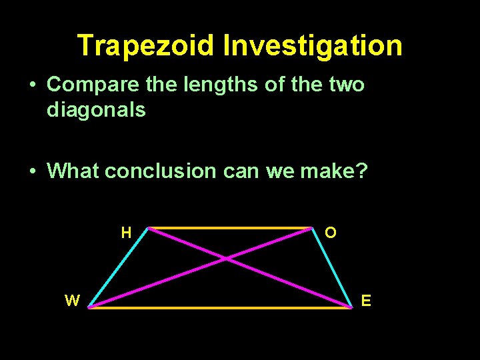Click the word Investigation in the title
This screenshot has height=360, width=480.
(x=313, y=46)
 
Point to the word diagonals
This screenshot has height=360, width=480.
(x=96, y=109)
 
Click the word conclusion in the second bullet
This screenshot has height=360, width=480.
(x=160, y=171)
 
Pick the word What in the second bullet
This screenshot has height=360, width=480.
(x=74, y=171)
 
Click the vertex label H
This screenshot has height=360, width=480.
(x=126, y=233)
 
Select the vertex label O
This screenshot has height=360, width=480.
(x=331, y=233)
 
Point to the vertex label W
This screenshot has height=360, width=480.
(x=72, y=301)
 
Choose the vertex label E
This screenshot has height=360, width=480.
(x=366, y=301)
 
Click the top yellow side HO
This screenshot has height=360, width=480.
(x=230, y=228)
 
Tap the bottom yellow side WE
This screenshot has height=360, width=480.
(x=220, y=308)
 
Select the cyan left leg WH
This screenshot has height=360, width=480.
(x=118, y=267)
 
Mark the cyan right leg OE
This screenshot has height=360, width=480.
(x=332, y=267)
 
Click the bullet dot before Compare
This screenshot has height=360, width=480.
(x=32, y=85)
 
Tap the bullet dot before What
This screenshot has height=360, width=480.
(x=32, y=172)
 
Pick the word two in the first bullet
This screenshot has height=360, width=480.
(x=347, y=85)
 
